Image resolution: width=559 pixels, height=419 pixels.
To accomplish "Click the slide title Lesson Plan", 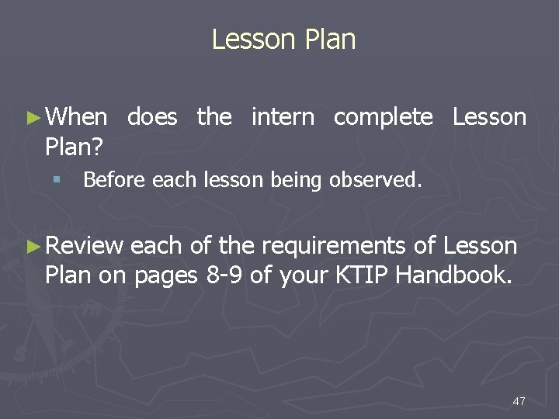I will pos(283,40).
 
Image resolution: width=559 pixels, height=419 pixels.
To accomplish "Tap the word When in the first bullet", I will pos(77,117).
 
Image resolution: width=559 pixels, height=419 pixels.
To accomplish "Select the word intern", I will pos(283,117).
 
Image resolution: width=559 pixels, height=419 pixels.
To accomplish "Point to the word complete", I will pos(384,118).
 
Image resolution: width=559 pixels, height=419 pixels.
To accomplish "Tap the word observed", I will pos(376,180).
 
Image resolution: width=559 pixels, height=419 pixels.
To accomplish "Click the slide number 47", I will pos(519,400).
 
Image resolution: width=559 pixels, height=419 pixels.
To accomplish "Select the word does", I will pos(152,117).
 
